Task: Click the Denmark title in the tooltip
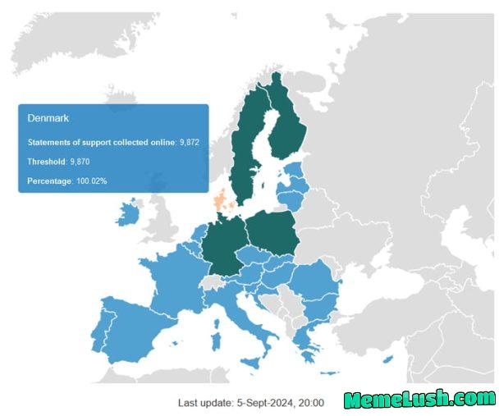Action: click(47, 119)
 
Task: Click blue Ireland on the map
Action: click(127, 215)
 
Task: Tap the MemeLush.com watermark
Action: click(419, 400)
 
